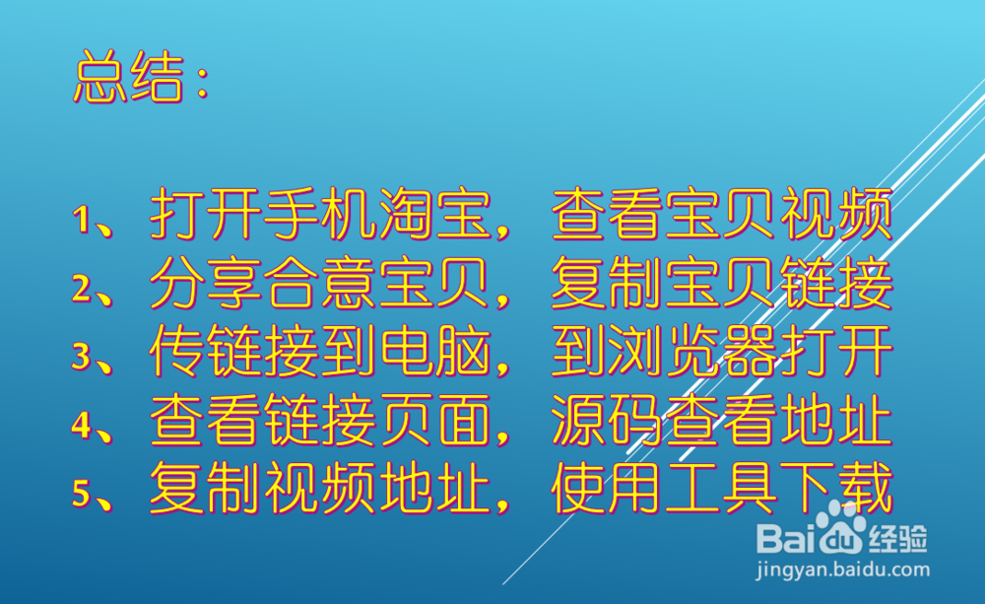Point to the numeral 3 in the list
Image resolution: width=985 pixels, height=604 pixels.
[82, 356]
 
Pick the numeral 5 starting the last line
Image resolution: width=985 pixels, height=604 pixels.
[82, 492]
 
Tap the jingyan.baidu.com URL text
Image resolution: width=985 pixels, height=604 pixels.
[842, 570]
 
